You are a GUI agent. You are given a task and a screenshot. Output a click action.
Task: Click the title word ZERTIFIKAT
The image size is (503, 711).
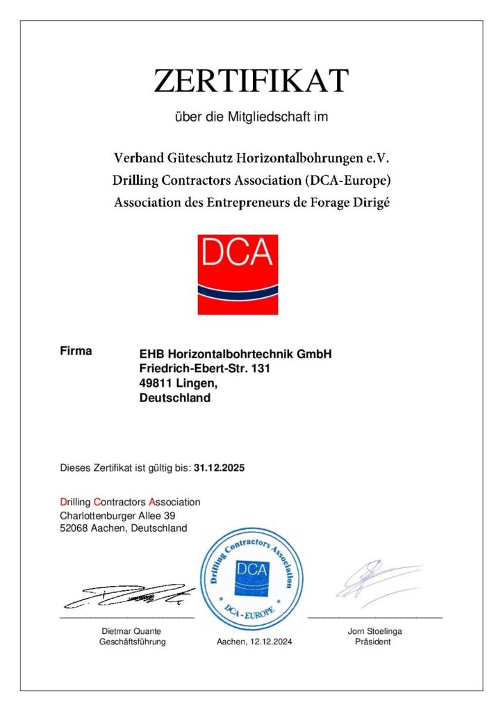251,81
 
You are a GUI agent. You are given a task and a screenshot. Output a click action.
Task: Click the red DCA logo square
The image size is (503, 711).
238,274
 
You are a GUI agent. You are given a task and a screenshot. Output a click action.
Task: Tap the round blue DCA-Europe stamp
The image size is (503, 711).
251,578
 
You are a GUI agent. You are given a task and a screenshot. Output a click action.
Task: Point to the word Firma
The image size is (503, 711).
76,351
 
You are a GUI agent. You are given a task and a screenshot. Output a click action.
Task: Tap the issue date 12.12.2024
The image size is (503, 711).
270,642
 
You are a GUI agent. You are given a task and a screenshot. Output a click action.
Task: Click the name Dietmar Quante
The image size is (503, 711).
131,631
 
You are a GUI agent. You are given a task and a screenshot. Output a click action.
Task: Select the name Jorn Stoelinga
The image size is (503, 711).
374,631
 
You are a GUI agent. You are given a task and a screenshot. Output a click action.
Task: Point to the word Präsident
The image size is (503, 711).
374,642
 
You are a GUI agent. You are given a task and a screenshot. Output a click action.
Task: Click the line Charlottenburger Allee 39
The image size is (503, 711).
117,515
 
